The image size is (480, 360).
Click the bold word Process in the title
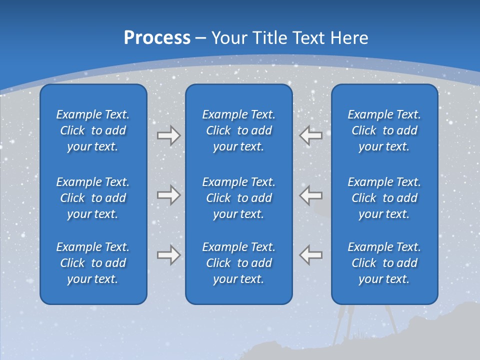point(157,38)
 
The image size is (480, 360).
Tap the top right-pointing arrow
point(168,135)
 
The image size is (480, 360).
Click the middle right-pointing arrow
point(168,194)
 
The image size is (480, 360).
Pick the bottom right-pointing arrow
point(168,254)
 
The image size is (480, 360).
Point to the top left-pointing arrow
point(311,135)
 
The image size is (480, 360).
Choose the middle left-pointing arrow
point(311,194)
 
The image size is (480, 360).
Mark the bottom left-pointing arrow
point(311,254)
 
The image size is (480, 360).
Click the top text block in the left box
point(93,130)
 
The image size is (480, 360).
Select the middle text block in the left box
point(93,198)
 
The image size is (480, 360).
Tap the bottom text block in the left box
point(93,263)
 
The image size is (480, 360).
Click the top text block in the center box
point(238,130)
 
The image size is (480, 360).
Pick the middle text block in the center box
point(238,198)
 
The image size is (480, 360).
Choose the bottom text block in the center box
point(238,263)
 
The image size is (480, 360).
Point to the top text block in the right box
point(384,130)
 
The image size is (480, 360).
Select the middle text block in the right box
point(384,198)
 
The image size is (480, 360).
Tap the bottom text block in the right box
point(384,263)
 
